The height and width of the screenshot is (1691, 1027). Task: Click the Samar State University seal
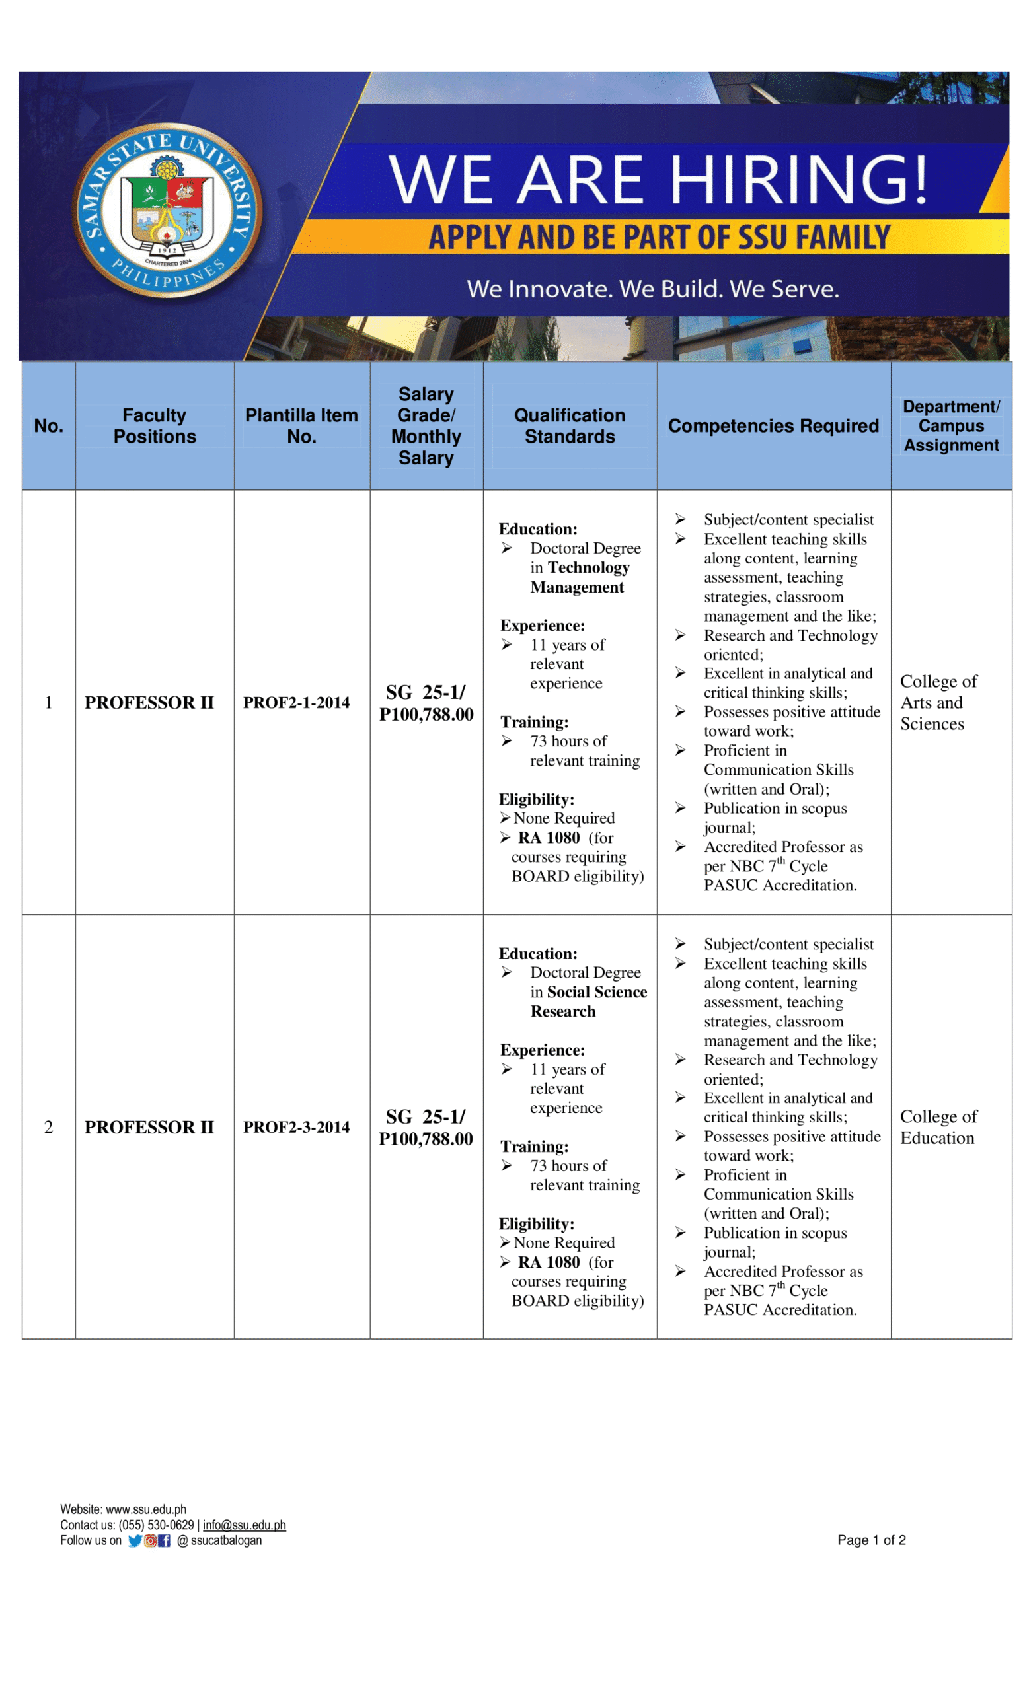click(x=167, y=210)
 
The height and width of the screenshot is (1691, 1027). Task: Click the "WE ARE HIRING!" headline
click(x=658, y=179)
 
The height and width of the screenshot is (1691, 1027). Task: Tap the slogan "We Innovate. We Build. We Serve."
click(x=652, y=289)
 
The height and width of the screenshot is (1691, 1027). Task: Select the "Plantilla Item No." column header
click(x=301, y=425)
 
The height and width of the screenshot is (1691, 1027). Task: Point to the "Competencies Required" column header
click(x=773, y=425)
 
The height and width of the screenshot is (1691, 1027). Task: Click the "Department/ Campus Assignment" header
click(x=951, y=425)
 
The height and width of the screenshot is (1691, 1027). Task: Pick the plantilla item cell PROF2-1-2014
click(x=296, y=702)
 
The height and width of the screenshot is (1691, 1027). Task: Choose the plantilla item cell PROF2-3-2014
click(x=296, y=1127)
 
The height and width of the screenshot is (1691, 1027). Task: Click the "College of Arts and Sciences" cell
click(x=938, y=702)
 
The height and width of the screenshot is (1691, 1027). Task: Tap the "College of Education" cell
click(x=938, y=1127)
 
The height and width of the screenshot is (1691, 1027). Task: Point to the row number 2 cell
click(x=49, y=1127)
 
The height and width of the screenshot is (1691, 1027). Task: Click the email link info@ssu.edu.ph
click(x=244, y=1525)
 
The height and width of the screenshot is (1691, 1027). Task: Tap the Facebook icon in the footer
click(x=164, y=1540)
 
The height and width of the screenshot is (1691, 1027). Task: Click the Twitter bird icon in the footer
click(x=135, y=1540)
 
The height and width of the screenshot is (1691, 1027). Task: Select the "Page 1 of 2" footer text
click(x=871, y=1540)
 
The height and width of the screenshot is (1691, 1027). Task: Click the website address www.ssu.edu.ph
click(x=145, y=1509)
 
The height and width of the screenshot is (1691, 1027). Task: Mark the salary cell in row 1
click(x=426, y=703)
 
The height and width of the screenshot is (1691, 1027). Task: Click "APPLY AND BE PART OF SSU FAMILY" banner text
click(x=659, y=237)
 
